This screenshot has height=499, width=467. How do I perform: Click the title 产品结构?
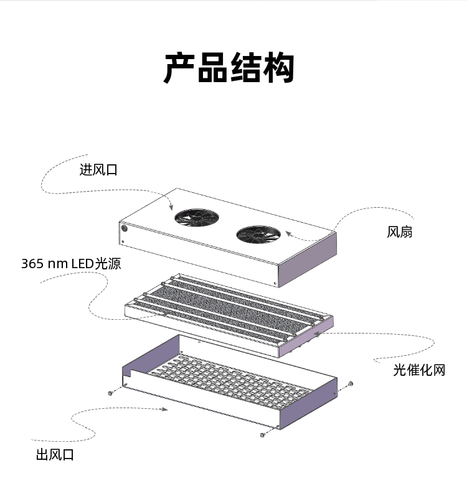coord(229,69)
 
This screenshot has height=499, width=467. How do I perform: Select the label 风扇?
coord(399,233)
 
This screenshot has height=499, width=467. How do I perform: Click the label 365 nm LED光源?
coord(71,264)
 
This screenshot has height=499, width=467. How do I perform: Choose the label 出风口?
coord(55,455)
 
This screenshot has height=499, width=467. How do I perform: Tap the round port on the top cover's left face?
coord(124,228)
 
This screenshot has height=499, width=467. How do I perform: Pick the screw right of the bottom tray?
coord(351,383)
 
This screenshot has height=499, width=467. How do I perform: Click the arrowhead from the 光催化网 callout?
coord(319,333)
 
